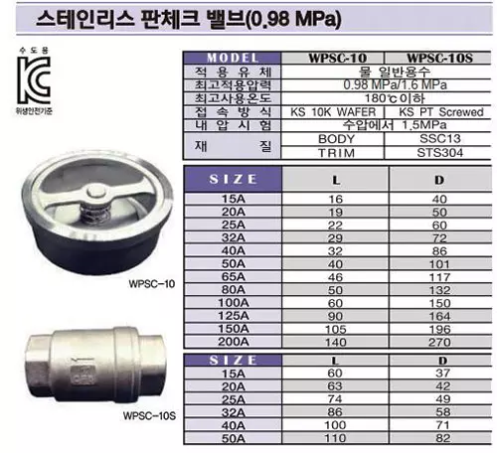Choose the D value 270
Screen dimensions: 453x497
tap(438, 340)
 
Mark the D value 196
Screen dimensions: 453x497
tap(438, 328)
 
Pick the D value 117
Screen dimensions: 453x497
tap(438, 277)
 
